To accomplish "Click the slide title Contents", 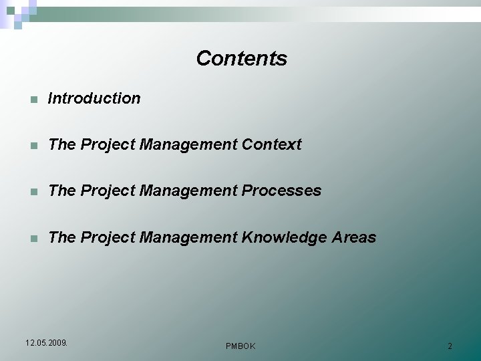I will pyautogui.click(x=241, y=59).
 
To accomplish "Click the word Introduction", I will pyautogui.click(x=94, y=98).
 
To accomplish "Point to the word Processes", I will pyautogui.click(x=281, y=191).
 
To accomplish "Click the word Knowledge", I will pyautogui.click(x=284, y=238).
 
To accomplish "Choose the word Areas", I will pyautogui.click(x=354, y=238).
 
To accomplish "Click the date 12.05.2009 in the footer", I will pyautogui.click(x=46, y=343).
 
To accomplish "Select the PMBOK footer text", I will pyautogui.click(x=240, y=346).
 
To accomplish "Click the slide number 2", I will pyautogui.click(x=450, y=346).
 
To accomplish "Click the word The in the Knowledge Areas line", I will pyautogui.click(x=62, y=238).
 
